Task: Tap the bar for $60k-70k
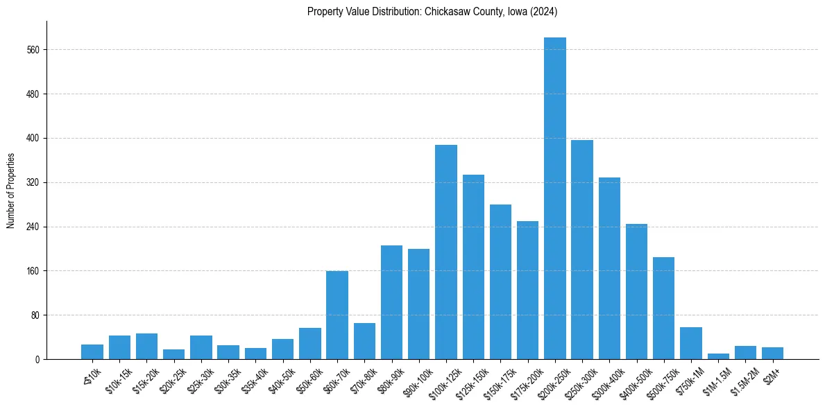click(337, 315)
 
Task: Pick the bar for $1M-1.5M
click(718, 356)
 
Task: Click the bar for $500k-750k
click(663, 308)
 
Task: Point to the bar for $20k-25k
click(174, 354)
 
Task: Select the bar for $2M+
click(772, 354)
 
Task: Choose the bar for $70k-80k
click(364, 341)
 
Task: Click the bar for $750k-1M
click(691, 343)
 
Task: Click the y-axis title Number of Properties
click(10, 191)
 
